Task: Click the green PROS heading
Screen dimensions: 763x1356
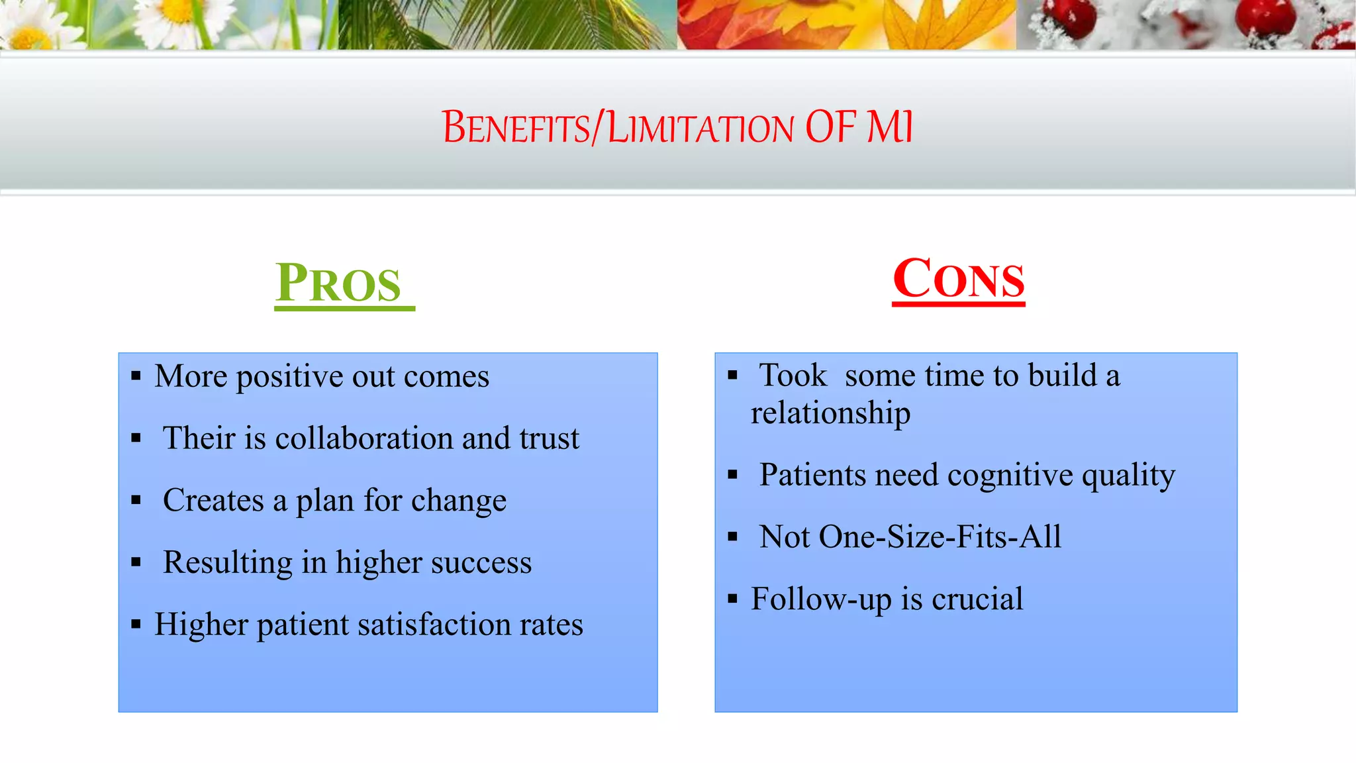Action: click(x=339, y=283)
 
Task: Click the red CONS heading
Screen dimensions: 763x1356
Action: click(x=958, y=280)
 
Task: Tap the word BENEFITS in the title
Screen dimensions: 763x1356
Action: click(x=516, y=127)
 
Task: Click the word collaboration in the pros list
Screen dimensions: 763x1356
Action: click(x=364, y=438)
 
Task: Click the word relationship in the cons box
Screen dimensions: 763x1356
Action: click(x=830, y=413)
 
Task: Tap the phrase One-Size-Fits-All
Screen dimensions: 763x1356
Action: click(x=940, y=536)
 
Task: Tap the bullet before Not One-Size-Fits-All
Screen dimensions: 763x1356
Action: click(x=732, y=536)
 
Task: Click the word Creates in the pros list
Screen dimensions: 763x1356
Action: click(x=213, y=500)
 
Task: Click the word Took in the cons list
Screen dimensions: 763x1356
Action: click(x=793, y=376)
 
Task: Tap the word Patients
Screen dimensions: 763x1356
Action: click(x=812, y=475)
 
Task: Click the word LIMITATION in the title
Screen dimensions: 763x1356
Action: click(x=701, y=127)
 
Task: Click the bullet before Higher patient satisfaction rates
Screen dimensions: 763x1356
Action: click(x=136, y=624)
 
